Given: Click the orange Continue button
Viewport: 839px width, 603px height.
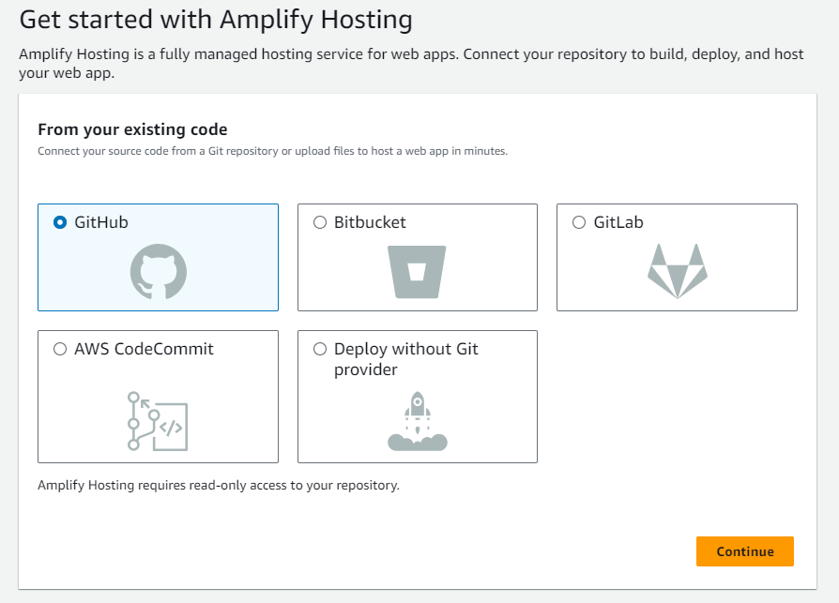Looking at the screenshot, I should click(x=744, y=551).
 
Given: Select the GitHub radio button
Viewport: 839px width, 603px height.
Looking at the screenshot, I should click(x=60, y=222).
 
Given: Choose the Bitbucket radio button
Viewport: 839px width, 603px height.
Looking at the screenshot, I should click(x=320, y=222).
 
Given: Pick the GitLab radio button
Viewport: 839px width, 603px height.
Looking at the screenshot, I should click(x=579, y=222).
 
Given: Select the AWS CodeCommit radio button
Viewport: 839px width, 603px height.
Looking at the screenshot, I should click(x=60, y=349).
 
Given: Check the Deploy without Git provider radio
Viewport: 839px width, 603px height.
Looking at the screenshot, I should click(x=320, y=349).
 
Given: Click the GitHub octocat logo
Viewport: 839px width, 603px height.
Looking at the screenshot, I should click(x=158, y=272).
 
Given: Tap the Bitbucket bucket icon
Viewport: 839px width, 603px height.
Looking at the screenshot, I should click(x=418, y=272).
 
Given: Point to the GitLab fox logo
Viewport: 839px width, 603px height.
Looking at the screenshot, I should click(x=677, y=271).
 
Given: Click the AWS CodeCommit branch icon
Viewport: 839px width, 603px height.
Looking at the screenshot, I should click(x=158, y=422).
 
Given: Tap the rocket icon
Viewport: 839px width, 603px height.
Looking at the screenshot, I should click(x=418, y=423).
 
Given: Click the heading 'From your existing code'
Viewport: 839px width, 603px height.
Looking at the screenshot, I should click(x=132, y=129).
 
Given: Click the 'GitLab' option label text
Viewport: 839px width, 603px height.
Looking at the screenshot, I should click(x=618, y=222).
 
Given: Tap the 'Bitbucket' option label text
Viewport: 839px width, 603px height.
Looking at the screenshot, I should click(x=370, y=222).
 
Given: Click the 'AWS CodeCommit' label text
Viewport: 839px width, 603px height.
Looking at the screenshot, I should click(x=145, y=349).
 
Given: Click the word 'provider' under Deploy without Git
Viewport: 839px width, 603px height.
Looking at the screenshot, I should click(x=365, y=369).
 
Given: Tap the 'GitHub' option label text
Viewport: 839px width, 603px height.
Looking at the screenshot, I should click(x=101, y=222).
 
